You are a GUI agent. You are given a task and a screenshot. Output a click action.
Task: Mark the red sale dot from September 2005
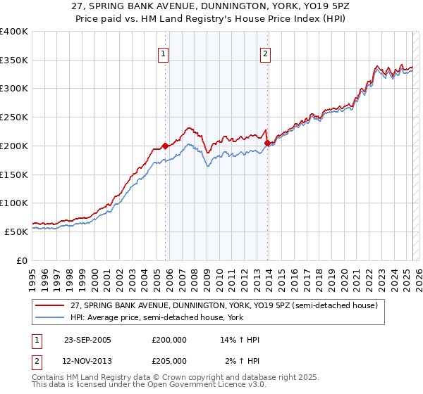(x=166, y=146)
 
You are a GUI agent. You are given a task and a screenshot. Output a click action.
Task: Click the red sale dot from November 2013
(x=267, y=143)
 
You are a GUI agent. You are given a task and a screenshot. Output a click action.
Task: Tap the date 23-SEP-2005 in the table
(x=87, y=340)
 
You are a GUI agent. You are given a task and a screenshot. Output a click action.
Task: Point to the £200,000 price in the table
(x=169, y=340)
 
